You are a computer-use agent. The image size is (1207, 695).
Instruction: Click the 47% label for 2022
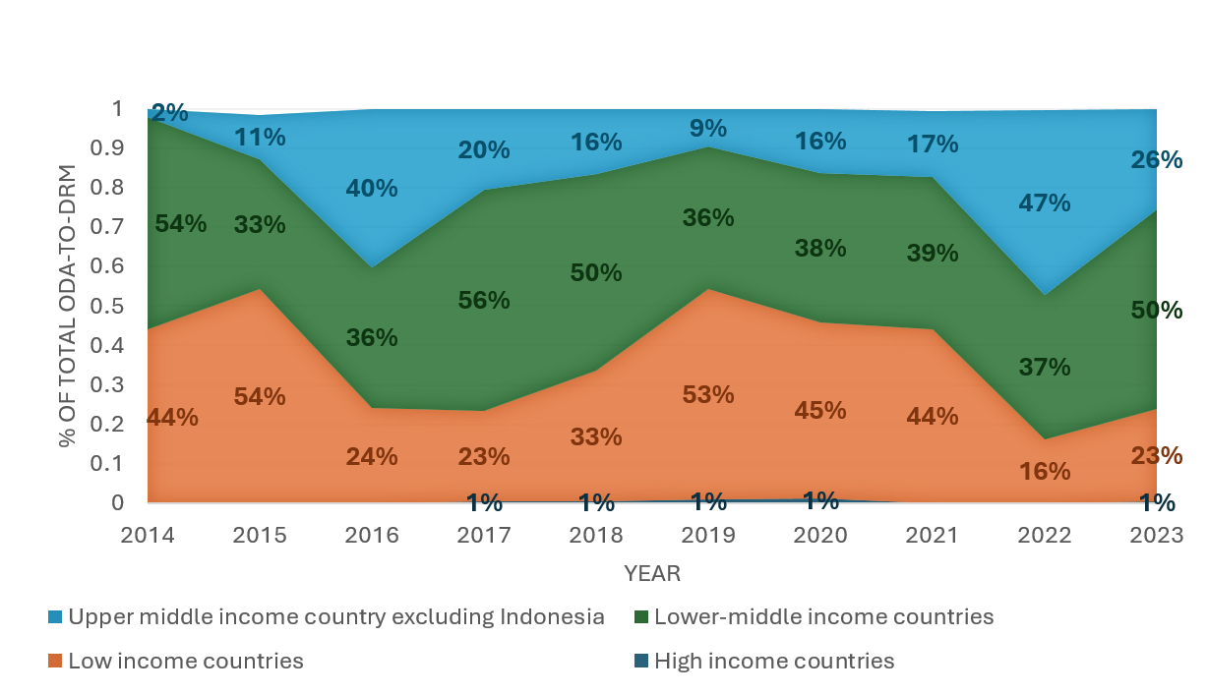[1044, 203]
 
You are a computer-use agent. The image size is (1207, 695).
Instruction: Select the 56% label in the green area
[484, 301]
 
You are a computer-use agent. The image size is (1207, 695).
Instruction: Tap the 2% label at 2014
[170, 113]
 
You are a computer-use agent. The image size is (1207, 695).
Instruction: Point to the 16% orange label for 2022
[1044, 471]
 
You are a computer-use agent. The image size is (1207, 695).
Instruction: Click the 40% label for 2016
[372, 188]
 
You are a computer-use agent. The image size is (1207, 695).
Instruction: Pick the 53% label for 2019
[707, 395]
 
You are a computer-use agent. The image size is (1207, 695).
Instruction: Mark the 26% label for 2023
[1156, 159]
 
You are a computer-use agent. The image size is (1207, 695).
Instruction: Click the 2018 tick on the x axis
[596, 536]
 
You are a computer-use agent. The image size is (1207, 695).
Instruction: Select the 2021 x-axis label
[932, 536]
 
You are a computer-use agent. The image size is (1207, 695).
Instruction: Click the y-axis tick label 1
[117, 109]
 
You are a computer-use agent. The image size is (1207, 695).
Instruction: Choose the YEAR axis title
[652, 573]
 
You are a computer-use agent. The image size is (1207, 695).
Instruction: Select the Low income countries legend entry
[185, 661]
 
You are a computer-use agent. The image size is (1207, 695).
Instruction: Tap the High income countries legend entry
[774, 661]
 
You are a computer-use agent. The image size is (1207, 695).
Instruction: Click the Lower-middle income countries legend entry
[823, 617]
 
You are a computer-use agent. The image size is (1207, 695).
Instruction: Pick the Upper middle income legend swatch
[55, 618]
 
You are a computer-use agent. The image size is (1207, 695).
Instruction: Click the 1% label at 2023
[1156, 503]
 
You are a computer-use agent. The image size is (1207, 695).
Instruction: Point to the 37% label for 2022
[1044, 368]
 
